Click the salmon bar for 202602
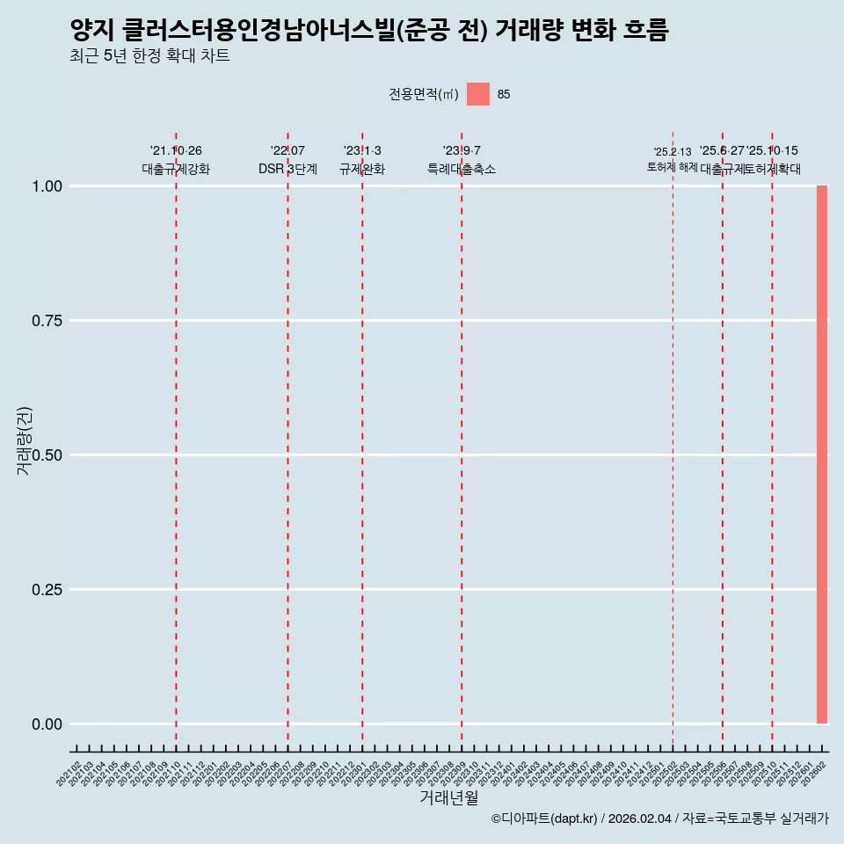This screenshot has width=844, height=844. [822, 455]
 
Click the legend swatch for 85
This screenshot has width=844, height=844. [477, 94]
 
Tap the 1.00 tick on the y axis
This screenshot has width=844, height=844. [47, 186]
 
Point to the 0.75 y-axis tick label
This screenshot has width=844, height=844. [47, 321]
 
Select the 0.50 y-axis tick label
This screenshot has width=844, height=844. [47, 455]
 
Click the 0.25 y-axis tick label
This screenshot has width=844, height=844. [47, 590]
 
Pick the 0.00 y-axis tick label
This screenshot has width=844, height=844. [47, 724]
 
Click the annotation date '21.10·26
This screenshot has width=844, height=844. [176, 151]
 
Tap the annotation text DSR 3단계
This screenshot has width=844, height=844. [287, 169]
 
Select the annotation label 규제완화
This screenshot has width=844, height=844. [362, 169]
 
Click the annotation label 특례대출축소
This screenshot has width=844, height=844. [462, 169]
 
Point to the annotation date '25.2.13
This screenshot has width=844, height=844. [673, 152]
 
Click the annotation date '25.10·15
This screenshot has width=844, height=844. [772, 151]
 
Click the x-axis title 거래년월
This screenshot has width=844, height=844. [448, 797]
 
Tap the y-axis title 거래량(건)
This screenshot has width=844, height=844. [24, 440]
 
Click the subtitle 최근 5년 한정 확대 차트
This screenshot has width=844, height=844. [149, 56]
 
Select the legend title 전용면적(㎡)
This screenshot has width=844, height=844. [424, 95]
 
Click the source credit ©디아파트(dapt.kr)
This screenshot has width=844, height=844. [544, 819]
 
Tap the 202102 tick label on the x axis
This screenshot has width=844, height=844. [69, 775]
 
